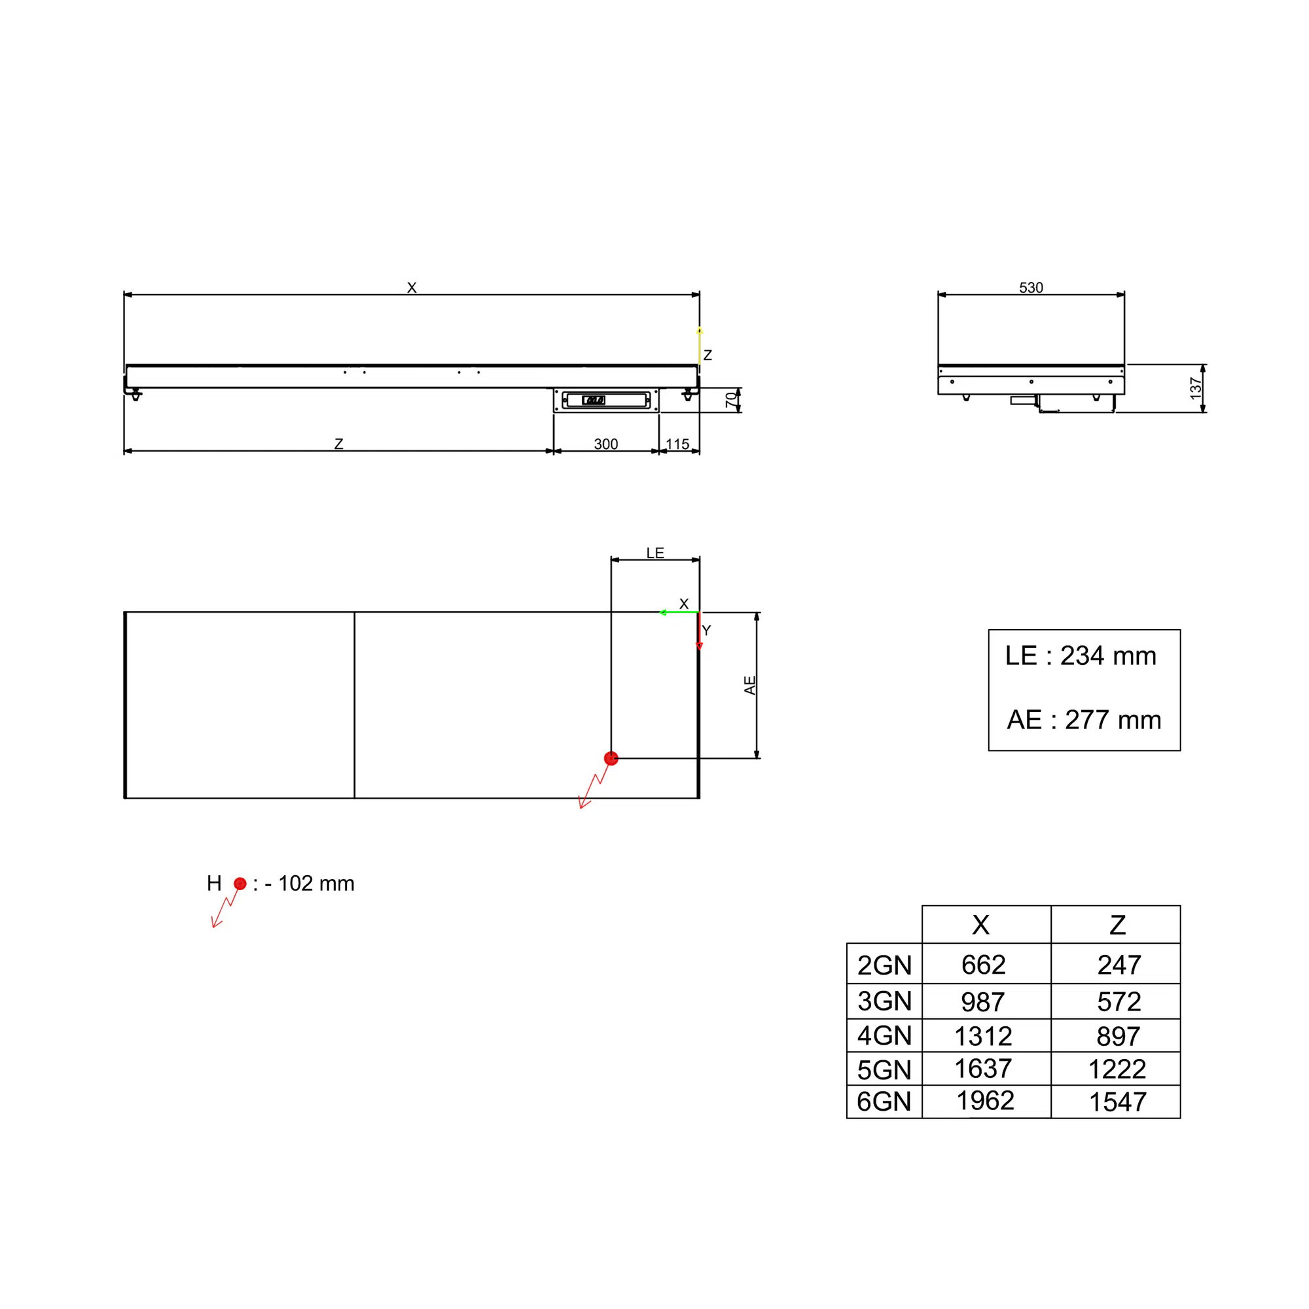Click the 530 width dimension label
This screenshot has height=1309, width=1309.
(x=1031, y=287)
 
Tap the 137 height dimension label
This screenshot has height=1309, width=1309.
(x=1196, y=388)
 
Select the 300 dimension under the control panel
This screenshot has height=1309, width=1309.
(x=605, y=444)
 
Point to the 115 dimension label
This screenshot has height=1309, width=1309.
(x=677, y=444)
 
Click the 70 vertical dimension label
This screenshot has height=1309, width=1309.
(x=731, y=400)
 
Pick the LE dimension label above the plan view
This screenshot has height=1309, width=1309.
(x=655, y=553)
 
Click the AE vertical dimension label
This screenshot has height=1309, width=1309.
(x=750, y=685)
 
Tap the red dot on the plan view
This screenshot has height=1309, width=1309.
(x=611, y=758)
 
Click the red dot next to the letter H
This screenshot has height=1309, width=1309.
(x=240, y=884)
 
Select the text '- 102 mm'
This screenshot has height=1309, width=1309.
(x=310, y=884)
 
